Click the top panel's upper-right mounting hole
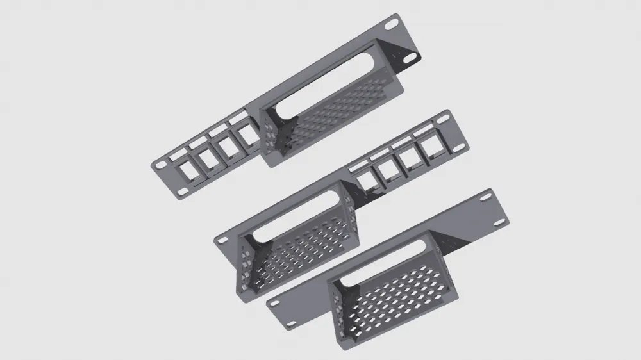point(390,25)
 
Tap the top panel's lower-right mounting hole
point(409,56)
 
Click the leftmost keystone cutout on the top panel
point(188,170)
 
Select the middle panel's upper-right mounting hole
point(442,118)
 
